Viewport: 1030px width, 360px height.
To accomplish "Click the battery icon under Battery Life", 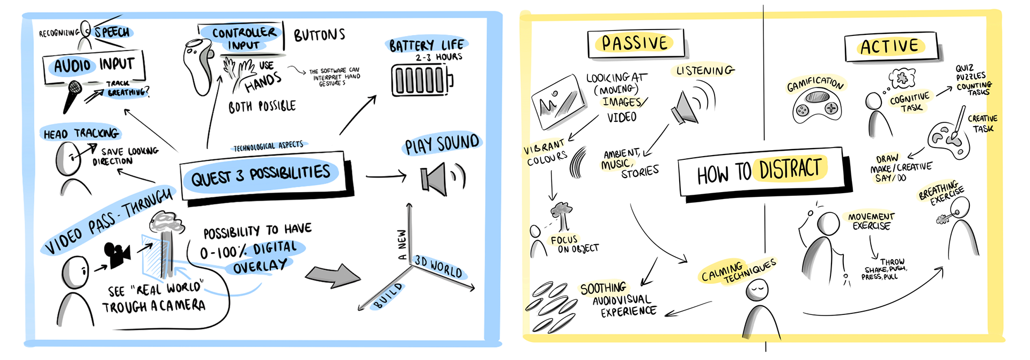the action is coord(421,80).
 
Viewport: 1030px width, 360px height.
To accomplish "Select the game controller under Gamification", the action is coord(816,105).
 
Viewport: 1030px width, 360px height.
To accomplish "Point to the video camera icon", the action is coord(117,254).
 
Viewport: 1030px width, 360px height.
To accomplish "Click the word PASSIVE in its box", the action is coord(635,43).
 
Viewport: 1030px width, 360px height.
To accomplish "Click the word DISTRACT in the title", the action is coord(790,169).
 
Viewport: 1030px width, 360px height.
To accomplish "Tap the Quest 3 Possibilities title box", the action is coord(261,175).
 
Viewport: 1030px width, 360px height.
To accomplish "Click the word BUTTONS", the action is coord(319,35).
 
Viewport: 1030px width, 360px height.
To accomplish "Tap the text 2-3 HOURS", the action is coord(438,57).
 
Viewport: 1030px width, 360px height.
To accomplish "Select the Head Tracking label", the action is coord(80,133).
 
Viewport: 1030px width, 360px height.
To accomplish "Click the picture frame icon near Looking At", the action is coord(557,103).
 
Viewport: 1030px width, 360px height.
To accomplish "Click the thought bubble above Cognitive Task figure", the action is coord(902,78).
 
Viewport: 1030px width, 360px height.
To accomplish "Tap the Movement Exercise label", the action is coord(871,221).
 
